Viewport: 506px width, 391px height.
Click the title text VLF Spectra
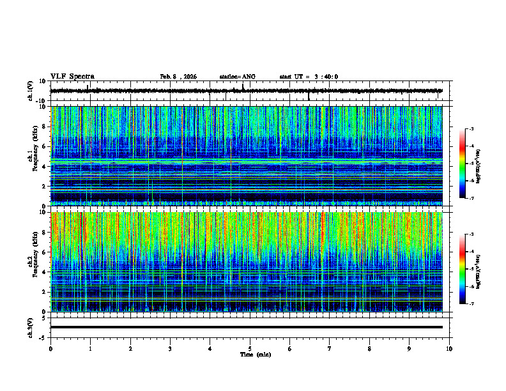(72, 76)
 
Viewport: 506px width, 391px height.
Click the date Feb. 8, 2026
(178, 77)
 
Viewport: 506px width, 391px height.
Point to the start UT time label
(309, 77)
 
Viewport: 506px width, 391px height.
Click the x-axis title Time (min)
(255, 354)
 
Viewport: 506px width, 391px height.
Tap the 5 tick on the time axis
(250, 349)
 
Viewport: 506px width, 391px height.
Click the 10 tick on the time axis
(449, 349)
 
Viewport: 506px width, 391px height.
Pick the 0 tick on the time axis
(50, 349)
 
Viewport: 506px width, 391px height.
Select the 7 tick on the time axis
(330, 349)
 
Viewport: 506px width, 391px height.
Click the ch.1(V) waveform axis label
(30, 91)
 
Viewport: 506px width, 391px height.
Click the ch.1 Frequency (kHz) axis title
(31, 156)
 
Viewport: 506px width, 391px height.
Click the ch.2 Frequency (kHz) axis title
(31, 262)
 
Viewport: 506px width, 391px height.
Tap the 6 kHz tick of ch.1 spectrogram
(43, 146)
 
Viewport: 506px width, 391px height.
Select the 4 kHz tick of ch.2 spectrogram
(43, 272)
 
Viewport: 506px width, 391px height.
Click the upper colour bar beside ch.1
(463, 164)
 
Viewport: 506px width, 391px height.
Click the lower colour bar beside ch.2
(463, 269)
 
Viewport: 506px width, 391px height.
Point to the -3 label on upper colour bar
(471, 129)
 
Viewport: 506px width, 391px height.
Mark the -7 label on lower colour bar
(471, 304)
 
